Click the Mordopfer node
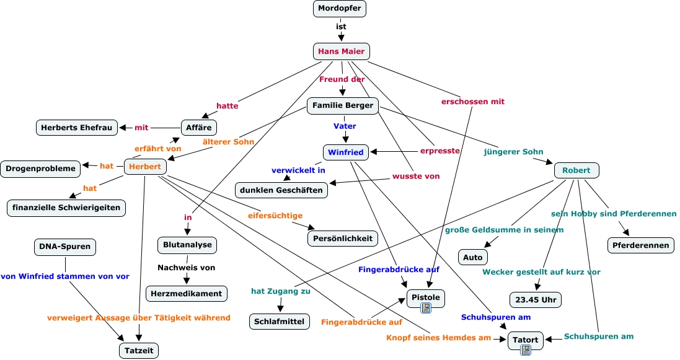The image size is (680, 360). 340,9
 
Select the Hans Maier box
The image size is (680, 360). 342,51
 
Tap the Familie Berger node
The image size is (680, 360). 343,106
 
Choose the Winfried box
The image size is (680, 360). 345,152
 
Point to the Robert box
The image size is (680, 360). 576,170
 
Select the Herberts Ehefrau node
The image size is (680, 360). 76,128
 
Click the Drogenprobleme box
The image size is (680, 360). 40,168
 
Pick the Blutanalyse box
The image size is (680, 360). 187,245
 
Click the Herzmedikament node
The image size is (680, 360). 187,292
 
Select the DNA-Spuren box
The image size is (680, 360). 65,247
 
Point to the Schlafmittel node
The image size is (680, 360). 280,321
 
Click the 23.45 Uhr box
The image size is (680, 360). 536,300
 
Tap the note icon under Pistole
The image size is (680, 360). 426,308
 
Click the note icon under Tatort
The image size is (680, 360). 526,350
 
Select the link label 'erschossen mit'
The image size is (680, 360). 472,101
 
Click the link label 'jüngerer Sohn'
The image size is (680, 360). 513,151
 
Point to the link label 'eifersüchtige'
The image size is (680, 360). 275,216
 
